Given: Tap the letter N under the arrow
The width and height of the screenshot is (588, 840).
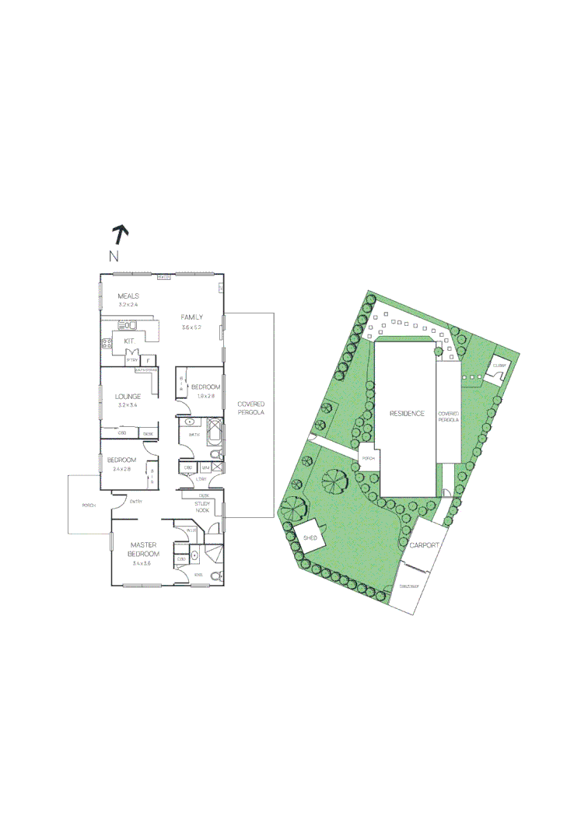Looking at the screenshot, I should click(114, 256).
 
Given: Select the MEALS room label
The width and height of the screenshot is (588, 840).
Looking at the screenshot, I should click(128, 296).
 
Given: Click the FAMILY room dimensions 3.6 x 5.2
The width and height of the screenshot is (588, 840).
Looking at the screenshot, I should click(191, 328).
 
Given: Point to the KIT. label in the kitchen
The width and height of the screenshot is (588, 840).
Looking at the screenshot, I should click(129, 341).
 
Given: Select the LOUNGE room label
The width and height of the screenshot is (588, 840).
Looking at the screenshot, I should click(128, 396).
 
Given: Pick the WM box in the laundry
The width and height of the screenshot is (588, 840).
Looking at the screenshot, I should click(205, 467).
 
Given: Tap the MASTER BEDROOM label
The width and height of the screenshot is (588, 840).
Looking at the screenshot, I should click(145, 549).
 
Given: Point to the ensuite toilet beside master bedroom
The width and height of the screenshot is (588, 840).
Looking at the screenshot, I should click(216, 576).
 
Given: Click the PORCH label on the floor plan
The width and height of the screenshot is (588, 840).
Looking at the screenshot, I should click(89, 506).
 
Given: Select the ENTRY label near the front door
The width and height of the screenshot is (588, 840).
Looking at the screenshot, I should click(135, 501).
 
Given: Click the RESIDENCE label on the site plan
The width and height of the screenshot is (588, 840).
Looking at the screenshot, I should click(407, 413).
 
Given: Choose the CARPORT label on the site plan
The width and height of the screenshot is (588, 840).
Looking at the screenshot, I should click(425, 546).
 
